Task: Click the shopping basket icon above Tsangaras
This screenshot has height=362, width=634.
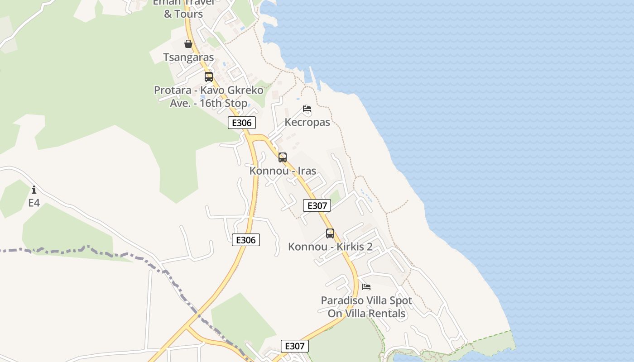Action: pyautogui.click(x=188, y=44)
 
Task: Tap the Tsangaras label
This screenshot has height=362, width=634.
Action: pyautogui.click(x=188, y=57)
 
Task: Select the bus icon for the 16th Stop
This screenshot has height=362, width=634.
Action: pyautogui.click(x=208, y=77)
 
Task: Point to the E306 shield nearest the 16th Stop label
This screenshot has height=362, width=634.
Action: pyautogui.click(x=242, y=123)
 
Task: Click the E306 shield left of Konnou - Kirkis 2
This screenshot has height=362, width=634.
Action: pyautogui.click(x=246, y=240)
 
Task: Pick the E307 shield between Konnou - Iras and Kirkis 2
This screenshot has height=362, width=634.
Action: pyautogui.click(x=317, y=205)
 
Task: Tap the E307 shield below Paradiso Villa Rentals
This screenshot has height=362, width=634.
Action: pyautogui.click(x=295, y=346)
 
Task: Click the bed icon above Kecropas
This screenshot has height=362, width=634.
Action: pyautogui.click(x=307, y=109)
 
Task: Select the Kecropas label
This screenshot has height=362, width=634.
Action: pyautogui.click(x=307, y=122)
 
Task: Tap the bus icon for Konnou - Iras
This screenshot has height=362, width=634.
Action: pyautogui.click(x=283, y=157)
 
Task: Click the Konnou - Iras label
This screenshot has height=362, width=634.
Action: pyautogui.click(x=283, y=171)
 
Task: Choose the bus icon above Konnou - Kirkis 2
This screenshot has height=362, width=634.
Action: pyautogui.click(x=330, y=233)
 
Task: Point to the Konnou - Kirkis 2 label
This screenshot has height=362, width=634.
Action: pyautogui.click(x=330, y=247)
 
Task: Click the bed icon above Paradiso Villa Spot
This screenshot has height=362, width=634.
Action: pyautogui.click(x=366, y=287)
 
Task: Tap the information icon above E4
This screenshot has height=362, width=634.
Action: pyautogui.click(x=34, y=190)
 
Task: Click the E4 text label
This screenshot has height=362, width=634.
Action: pyautogui.click(x=34, y=203)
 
